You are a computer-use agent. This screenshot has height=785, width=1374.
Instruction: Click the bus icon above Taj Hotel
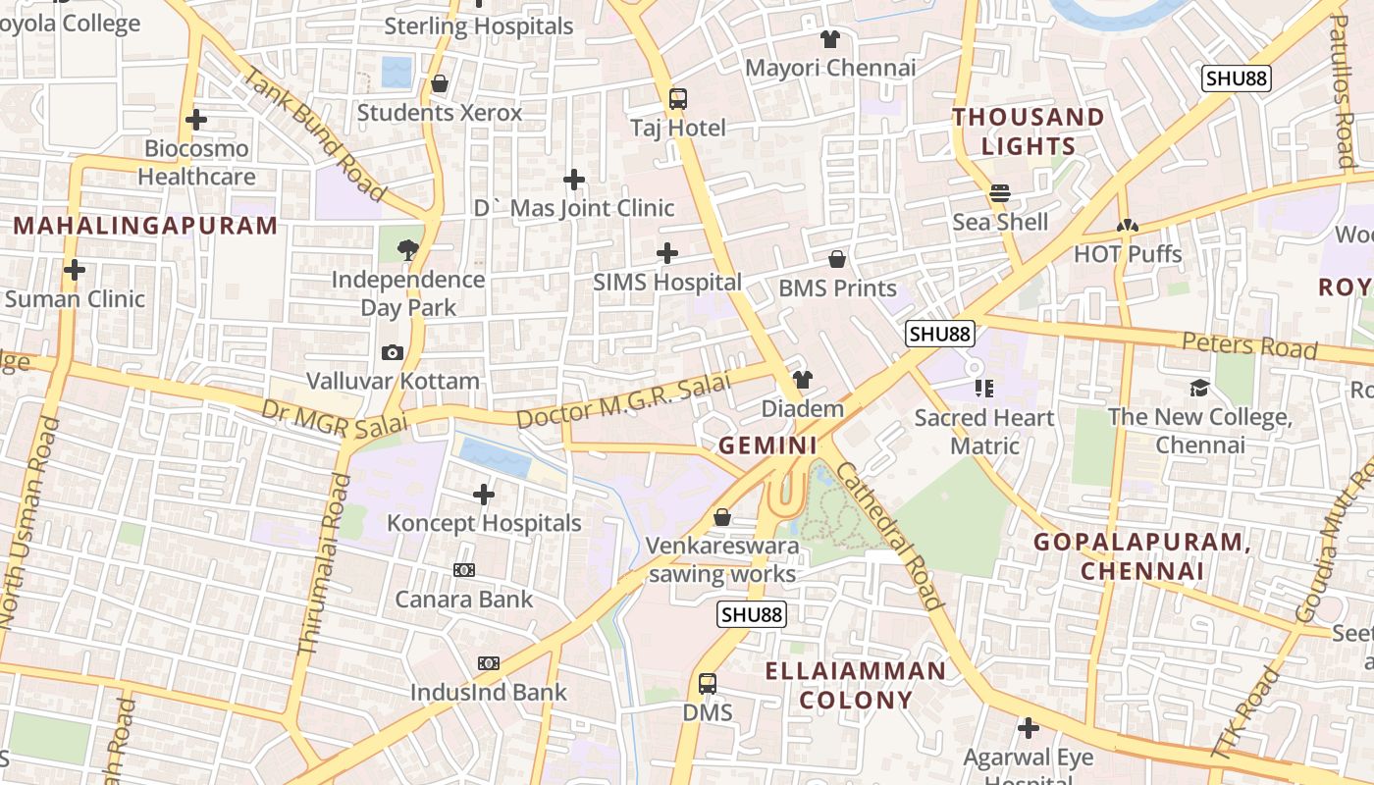677,98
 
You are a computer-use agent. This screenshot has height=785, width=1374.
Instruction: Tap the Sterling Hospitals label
478,26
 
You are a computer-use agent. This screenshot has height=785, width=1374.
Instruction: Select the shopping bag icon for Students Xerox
440,84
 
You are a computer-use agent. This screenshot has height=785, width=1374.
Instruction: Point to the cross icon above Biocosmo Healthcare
196,120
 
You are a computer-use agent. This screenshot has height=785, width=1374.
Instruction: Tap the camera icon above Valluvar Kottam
393,352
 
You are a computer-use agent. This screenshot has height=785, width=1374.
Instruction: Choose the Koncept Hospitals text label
484,523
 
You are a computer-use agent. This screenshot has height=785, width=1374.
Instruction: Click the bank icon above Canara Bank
464,570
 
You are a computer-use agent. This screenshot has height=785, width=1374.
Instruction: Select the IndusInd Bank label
488,692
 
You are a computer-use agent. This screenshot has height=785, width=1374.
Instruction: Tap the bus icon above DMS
707,683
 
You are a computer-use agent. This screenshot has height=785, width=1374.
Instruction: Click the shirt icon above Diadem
803,380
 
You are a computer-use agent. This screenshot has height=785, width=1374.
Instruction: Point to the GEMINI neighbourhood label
768,445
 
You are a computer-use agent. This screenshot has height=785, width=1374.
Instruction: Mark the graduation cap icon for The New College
1199,388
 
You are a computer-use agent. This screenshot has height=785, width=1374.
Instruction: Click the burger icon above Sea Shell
1000,193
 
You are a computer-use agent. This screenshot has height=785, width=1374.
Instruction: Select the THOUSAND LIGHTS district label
1029,131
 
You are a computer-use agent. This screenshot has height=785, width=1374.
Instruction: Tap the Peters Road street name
1248,344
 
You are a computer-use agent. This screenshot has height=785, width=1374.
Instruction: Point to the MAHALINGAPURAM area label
145,226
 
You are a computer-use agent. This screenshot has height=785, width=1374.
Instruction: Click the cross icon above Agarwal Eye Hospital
1029,728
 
